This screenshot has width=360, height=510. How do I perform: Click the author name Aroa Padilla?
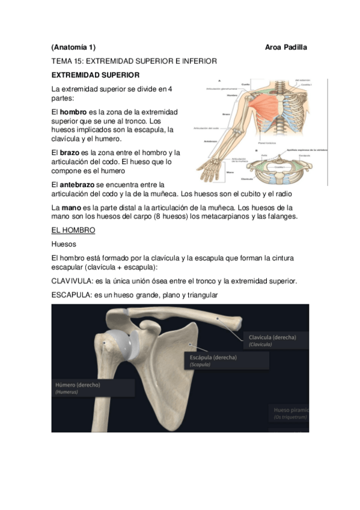[x=285, y=47]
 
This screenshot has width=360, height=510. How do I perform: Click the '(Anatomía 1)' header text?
[x=73, y=47]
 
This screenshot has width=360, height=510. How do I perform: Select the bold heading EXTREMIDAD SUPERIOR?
[x=96, y=75]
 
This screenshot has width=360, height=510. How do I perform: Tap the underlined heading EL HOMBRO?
[x=73, y=230]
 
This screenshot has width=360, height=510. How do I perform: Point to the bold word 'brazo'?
[x=70, y=153]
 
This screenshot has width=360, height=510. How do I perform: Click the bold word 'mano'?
[x=70, y=207]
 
